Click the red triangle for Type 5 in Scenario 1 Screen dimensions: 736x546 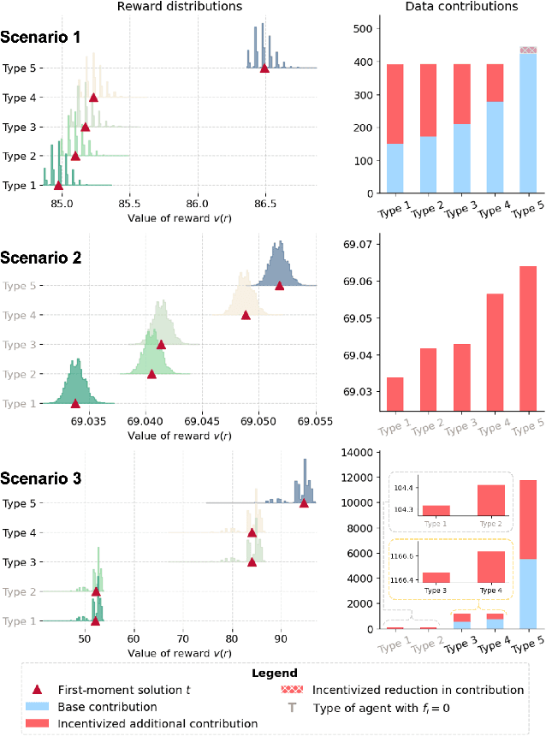264,68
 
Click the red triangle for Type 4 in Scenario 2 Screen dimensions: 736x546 246,315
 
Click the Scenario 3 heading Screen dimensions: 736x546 41,478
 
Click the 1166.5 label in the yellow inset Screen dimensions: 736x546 403,556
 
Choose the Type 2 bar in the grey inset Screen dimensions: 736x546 490,500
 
